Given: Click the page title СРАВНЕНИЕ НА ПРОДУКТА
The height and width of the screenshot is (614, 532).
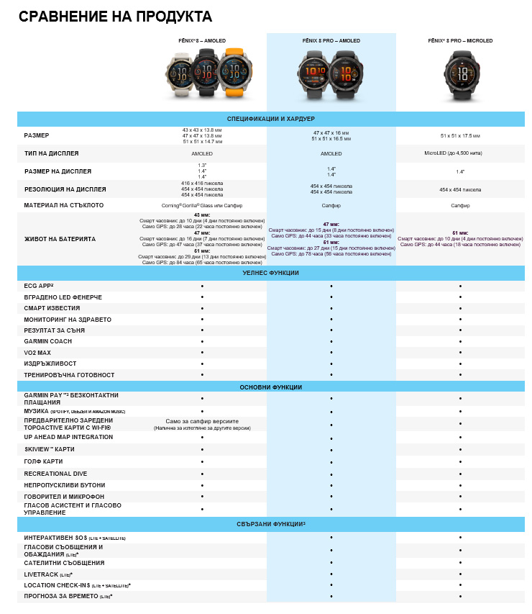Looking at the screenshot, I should click(115, 16).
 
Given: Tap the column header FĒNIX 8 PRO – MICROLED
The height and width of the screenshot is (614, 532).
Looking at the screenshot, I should click(460, 41).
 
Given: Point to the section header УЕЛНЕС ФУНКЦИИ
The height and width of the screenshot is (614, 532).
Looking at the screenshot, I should click(271, 273).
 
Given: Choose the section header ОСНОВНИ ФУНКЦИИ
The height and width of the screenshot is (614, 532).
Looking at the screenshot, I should click(271, 387).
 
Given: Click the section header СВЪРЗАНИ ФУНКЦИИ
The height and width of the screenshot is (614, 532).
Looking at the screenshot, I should click(271, 523).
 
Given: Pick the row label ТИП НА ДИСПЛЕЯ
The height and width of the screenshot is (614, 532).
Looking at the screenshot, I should click(51, 153).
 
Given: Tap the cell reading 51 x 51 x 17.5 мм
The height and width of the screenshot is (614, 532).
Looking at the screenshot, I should click(460, 135).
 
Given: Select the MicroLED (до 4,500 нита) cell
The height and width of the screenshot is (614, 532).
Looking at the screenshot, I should click(460, 153).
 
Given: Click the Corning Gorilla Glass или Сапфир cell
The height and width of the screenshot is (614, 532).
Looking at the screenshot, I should click(202, 205).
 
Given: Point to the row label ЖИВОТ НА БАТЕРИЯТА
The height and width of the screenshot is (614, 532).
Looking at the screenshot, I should click(60, 239).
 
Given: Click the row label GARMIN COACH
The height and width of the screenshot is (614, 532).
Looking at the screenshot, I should click(49, 341).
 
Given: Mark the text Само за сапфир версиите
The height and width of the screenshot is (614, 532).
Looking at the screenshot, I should click(202, 420).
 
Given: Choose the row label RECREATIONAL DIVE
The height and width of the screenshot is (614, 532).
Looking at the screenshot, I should click(57, 474).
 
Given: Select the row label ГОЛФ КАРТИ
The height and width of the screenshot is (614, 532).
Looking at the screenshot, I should click(43, 461).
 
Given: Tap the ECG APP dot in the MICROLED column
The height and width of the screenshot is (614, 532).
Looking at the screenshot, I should click(460, 286).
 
